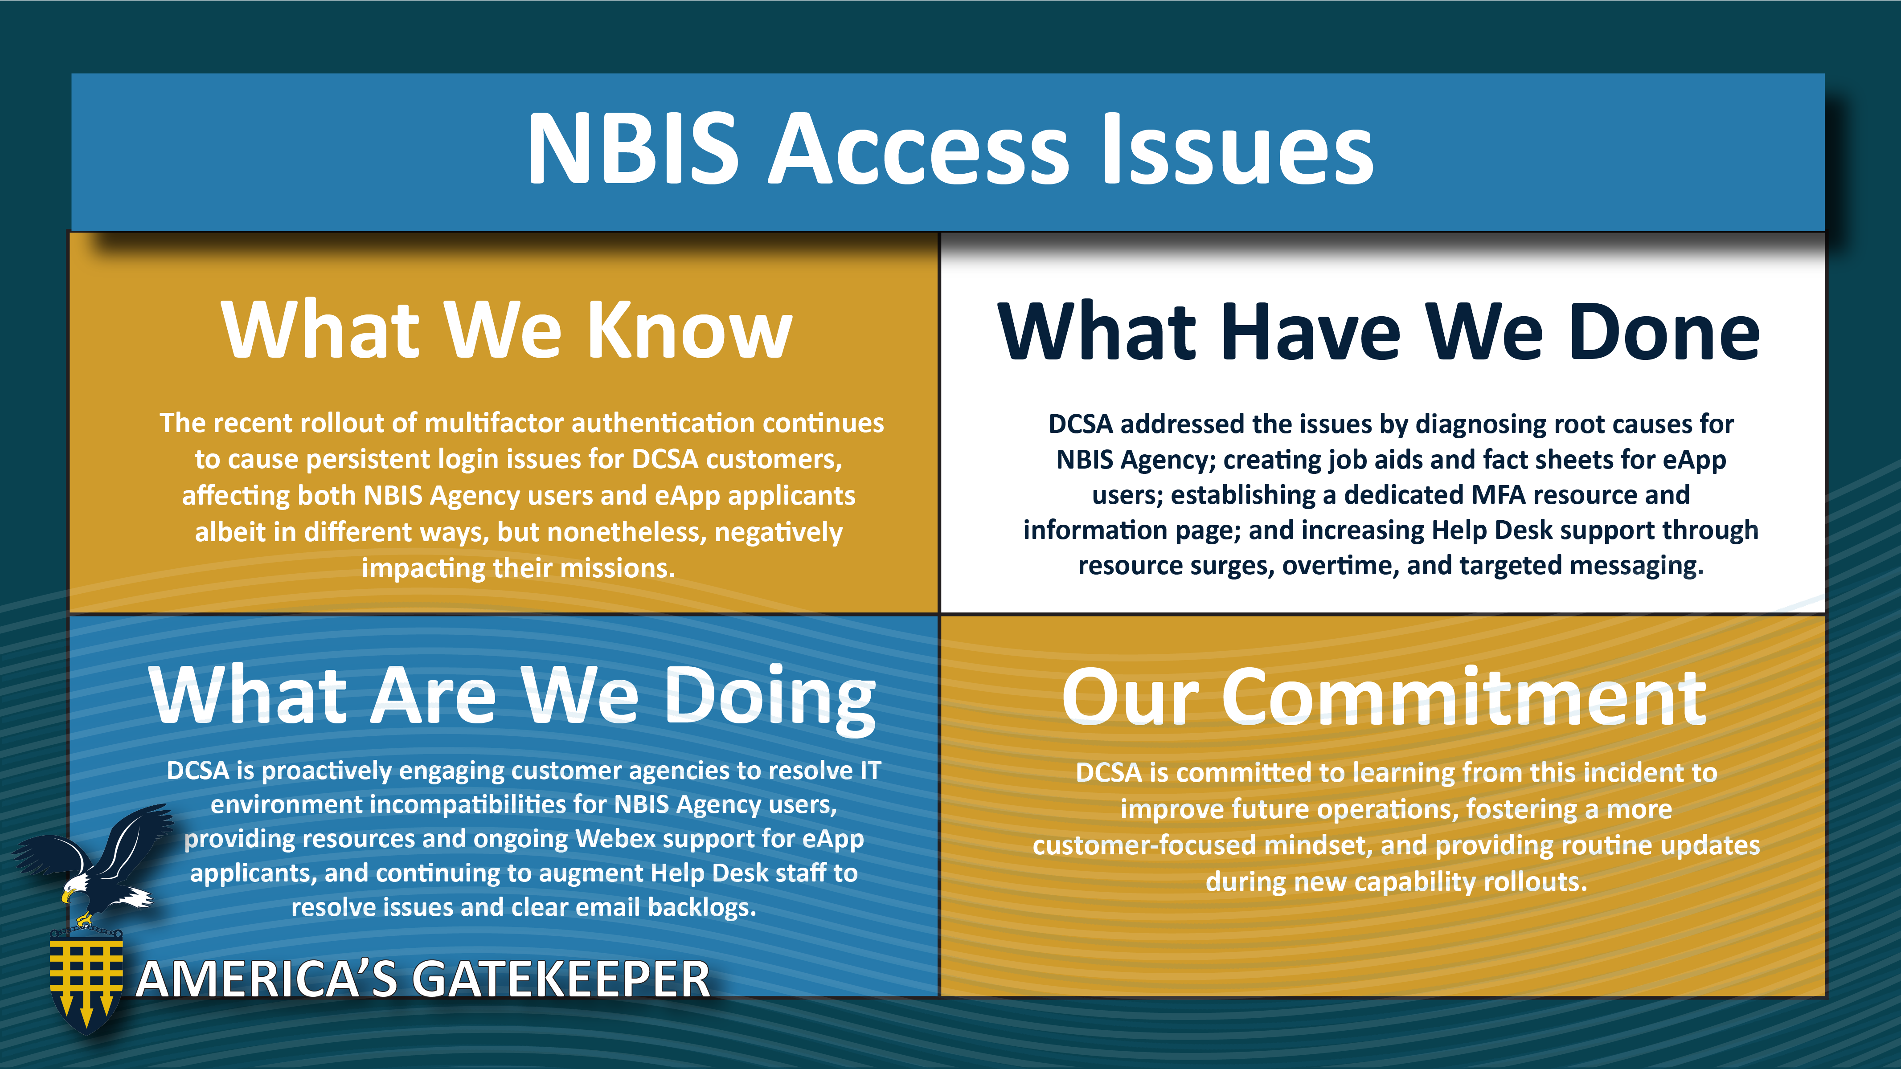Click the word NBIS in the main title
tap(632, 147)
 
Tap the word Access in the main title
tap(919, 147)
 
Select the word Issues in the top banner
tap(1236, 147)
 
